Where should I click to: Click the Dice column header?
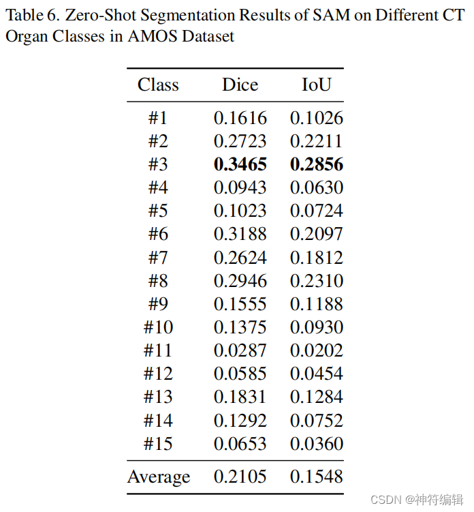pyautogui.click(x=240, y=85)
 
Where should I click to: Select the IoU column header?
pyautogui.click(x=317, y=85)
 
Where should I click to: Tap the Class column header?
pyautogui.click(x=158, y=85)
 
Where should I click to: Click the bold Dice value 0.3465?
pyautogui.click(x=240, y=164)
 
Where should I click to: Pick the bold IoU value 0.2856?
pyautogui.click(x=317, y=164)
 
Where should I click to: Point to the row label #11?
pyautogui.click(x=158, y=350)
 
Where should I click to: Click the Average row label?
pyautogui.click(x=159, y=477)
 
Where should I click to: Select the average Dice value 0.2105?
pyautogui.click(x=240, y=477)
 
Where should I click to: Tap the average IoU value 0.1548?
pyautogui.click(x=317, y=477)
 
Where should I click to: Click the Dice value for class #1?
pyautogui.click(x=240, y=118)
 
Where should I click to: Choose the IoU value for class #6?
pyautogui.click(x=317, y=235)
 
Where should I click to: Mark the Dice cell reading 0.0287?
pyautogui.click(x=240, y=350)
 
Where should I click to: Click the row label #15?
pyautogui.click(x=158, y=444)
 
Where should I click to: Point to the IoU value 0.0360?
pyautogui.click(x=317, y=444)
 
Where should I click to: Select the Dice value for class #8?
pyautogui.click(x=240, y=281)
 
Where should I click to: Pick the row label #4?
pyautogui.click(x=158, y=187)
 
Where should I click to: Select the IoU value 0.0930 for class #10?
pyautogui.click(x=317, y=327)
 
